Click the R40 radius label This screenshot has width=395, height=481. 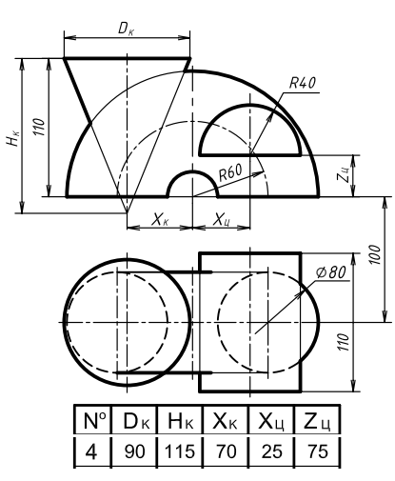coord(303,83)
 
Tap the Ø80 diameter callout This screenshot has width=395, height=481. coord(331,272)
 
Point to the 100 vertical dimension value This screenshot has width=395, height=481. coord(375,254)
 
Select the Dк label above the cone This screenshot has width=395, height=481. coord(126,29)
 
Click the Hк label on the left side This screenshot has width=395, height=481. coord(13,138)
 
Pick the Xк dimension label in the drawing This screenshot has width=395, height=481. coord(159,219)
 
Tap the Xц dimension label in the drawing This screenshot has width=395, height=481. coord(222,219)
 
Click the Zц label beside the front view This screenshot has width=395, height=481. coord(344,175)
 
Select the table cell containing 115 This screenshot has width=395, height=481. coord(180,451)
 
